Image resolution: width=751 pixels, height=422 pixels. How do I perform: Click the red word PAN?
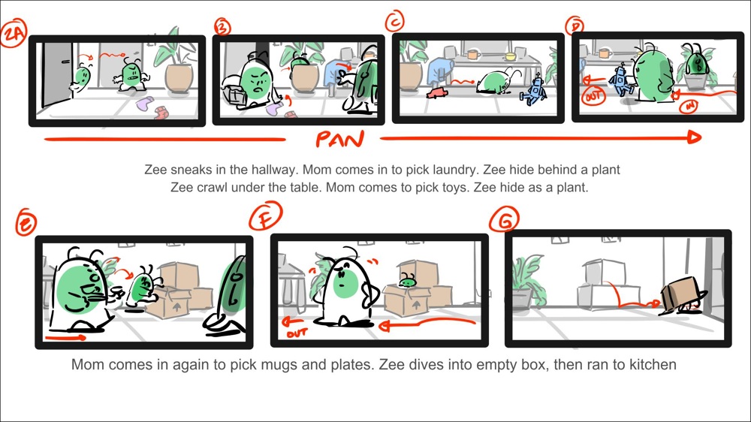click(x=339, y=139)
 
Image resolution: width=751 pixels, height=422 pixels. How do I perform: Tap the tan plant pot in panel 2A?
click(x=179, y=78)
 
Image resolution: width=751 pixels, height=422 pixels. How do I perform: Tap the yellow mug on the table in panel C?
click(x=510, y=56)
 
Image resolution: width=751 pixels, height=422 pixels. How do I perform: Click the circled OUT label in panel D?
click(x=593, y=97)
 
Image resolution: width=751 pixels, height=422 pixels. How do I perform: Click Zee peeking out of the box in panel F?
click(x=407, y=281)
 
